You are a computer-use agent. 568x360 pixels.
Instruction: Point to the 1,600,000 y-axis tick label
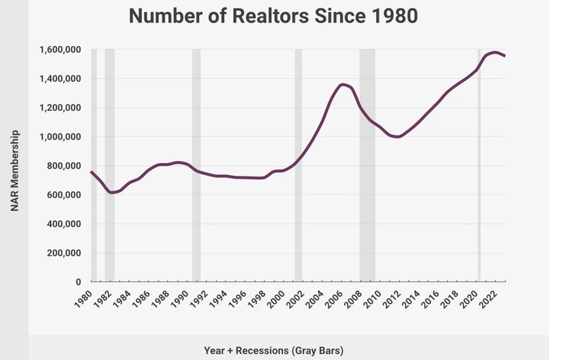[x=59, y=50]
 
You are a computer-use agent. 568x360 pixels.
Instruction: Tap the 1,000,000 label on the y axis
[x=59, y=137]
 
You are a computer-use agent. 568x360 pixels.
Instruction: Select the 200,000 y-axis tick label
[x=63, y=253]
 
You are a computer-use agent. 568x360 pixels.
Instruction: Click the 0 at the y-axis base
[x=78, y=282]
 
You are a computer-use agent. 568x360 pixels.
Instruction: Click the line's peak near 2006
[x=343, y=85]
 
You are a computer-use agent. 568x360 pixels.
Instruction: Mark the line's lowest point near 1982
[x=111, y=192]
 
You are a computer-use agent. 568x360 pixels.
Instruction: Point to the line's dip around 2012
[x=398, y=137]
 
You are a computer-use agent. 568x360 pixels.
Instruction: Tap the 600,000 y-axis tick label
[x=63, y=195]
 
